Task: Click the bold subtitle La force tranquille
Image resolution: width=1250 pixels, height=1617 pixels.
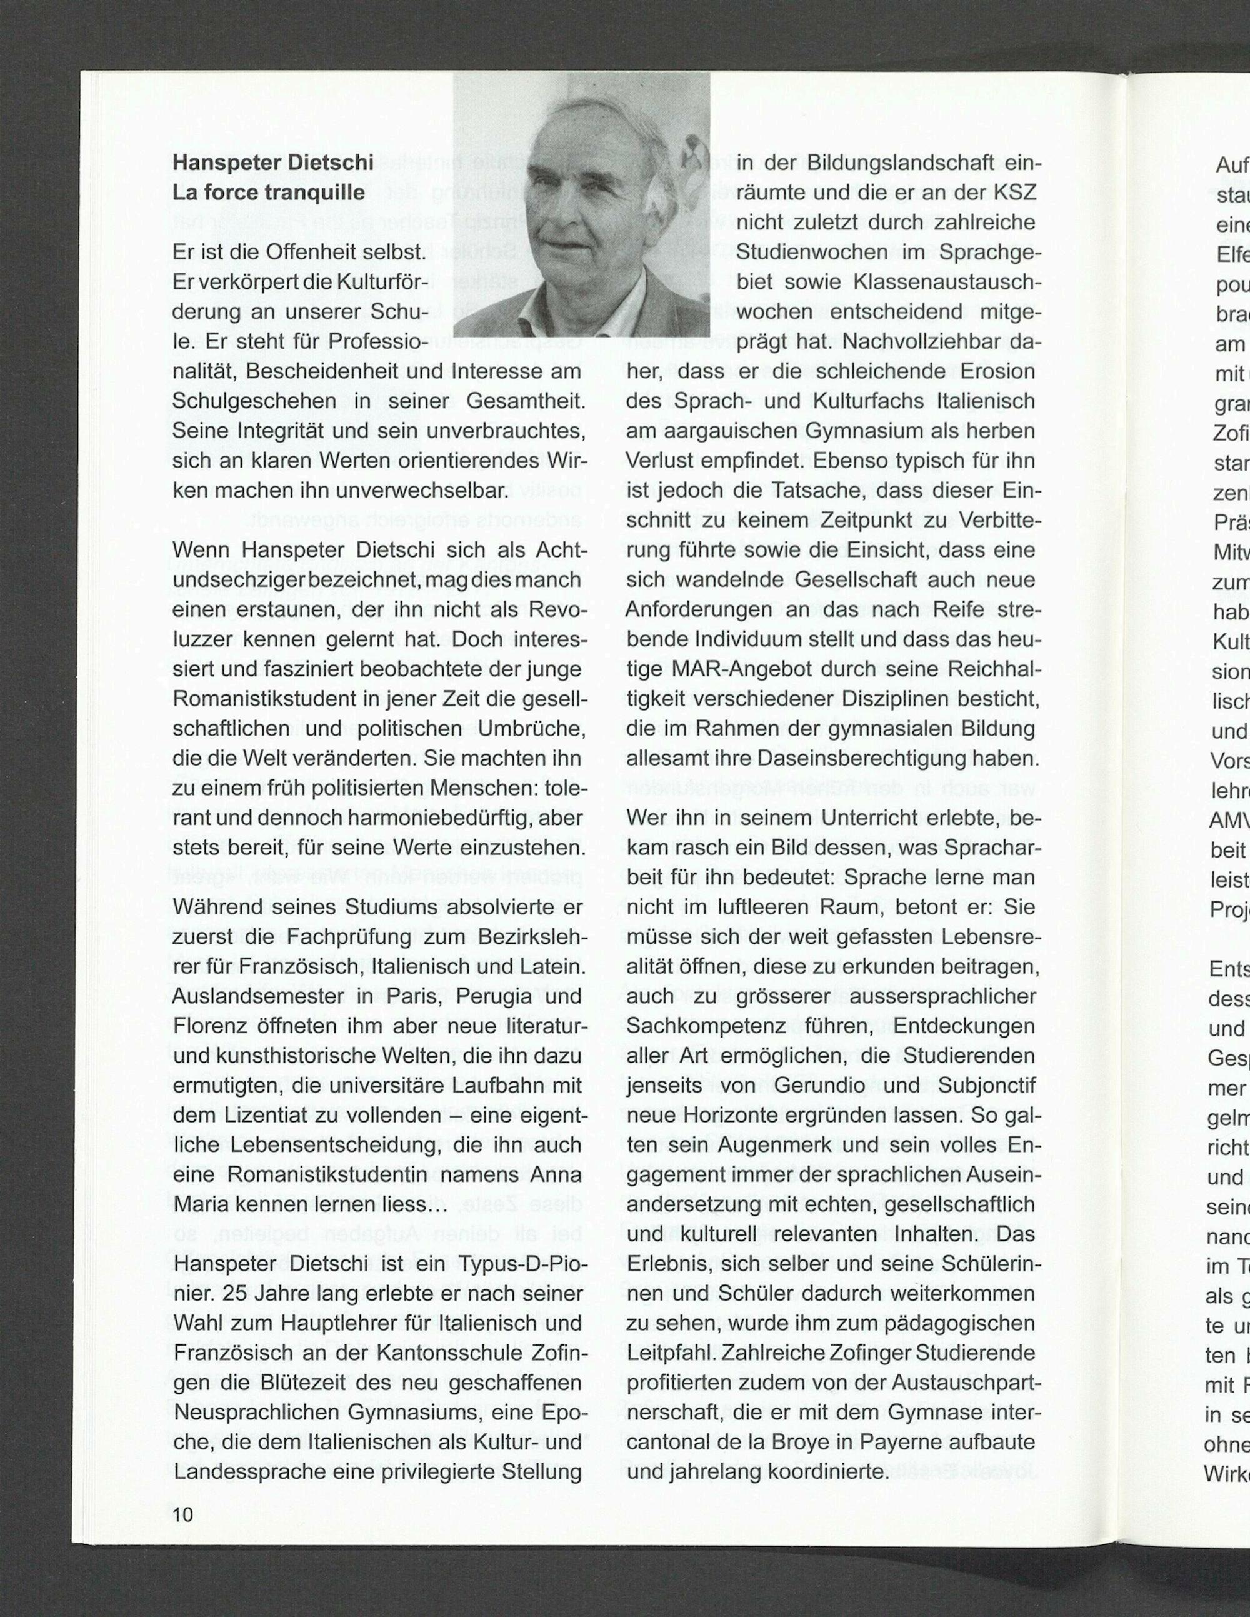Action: pyautogui.click(x=269, y=193)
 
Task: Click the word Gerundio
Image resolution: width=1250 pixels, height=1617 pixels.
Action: pyautogui.click(x=799, y=1086)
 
